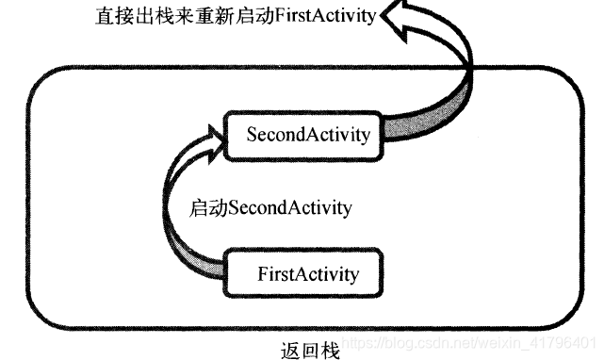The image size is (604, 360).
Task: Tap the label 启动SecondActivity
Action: click(270, 206)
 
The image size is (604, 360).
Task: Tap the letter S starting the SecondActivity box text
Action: click(252, 135)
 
